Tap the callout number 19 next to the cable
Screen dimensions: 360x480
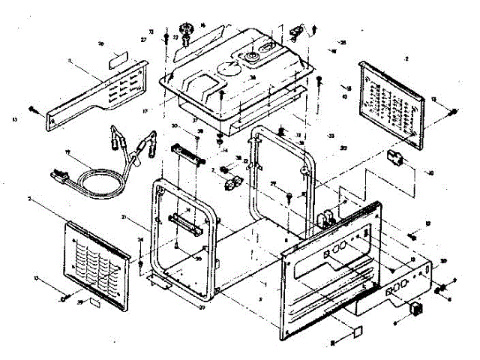point(68,153)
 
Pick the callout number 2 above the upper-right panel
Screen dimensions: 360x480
point(406,57)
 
